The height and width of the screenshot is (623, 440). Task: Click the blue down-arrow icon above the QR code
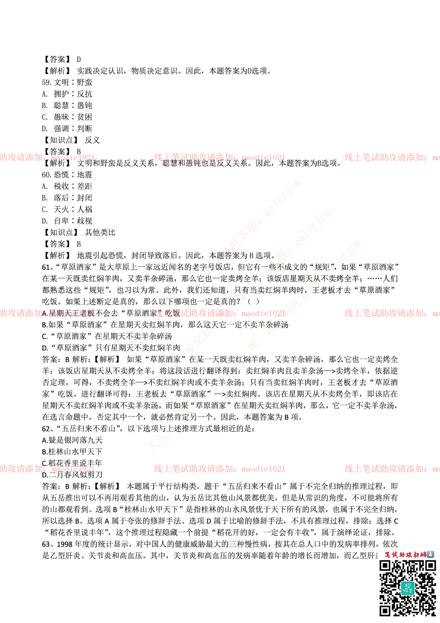click(x=430, y=554)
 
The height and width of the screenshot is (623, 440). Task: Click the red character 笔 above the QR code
click(x=388, y=555)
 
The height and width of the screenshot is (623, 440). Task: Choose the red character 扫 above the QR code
click(x=416, y=555)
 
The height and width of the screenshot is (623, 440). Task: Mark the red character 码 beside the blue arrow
click(x=423, y=555)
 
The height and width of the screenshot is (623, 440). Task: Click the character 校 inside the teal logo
click(x=408, y=585)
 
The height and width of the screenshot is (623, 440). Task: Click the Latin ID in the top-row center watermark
click(x=263, y=157)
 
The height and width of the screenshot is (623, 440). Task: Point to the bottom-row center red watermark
click(x=219, y=469)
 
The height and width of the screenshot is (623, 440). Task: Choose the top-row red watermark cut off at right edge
click(x=392, y=157)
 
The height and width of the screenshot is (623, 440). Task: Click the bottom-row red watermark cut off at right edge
click(x=392, y=469)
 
